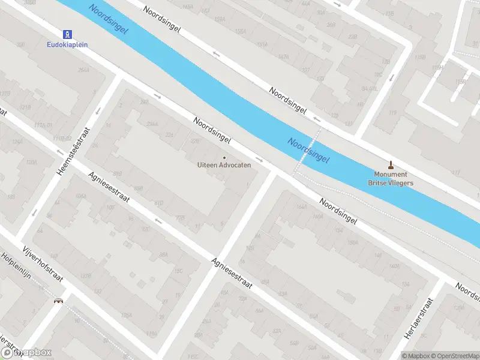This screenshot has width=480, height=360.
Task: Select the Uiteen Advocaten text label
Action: pyautogui.click(x=224, y=165)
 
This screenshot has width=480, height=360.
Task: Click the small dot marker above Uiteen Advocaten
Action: pyautogui.click(x=224, y=157)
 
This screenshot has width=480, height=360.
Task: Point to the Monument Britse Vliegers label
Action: pyautogui.click(x=391, y=178)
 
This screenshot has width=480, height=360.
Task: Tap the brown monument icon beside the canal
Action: pyautogui.click(x=391, y=164)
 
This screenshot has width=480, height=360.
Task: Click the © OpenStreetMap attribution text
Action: pyautogui.click(x=451, y=356)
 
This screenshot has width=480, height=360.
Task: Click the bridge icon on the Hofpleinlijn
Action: pyautogui.click(x=59, y=301)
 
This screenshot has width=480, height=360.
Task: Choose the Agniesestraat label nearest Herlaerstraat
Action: pyautogui.click(x=230, y=274)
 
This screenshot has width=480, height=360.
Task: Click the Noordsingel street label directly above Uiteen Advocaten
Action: pyautogui.click(x=212, y=130)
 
